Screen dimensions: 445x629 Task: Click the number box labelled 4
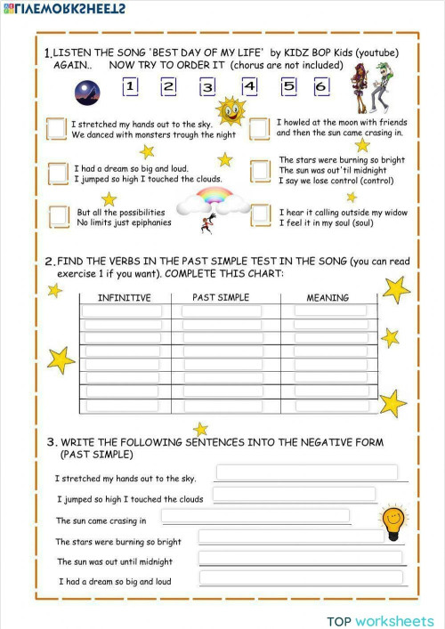tap(249, 86)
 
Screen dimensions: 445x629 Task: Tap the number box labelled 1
tap(130, 87)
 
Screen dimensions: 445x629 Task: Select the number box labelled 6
tap(321, 87)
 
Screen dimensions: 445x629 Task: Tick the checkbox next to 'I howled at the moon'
tap(260, 129)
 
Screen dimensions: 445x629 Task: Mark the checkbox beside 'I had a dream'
tap(59, 172)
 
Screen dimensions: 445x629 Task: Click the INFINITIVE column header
tap(124, 297)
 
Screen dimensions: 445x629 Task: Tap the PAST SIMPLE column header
tap(221, 297)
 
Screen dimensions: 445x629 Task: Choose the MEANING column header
tap(328, 297)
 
